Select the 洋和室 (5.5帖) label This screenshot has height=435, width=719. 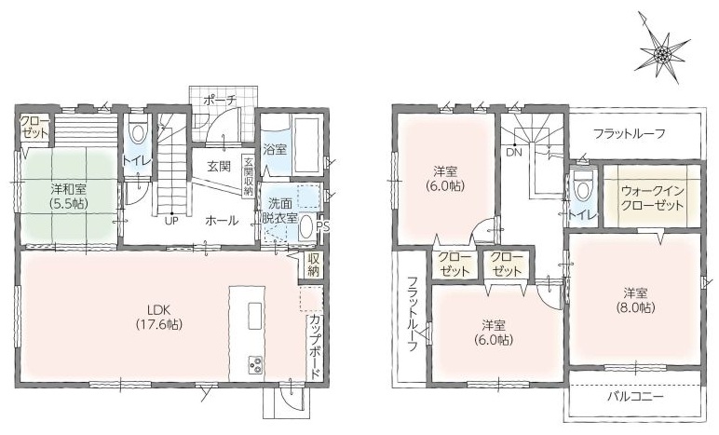pos(69,196)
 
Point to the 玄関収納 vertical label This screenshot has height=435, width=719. pos(248,177)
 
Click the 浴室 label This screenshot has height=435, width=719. pos(275,149)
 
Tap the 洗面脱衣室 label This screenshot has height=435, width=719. pos(279,210)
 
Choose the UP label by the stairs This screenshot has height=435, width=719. pos(171,220)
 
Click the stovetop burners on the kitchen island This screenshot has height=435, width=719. pos(256,365)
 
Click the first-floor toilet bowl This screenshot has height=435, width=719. pos(137,132)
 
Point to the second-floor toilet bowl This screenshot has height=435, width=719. pos(583,189)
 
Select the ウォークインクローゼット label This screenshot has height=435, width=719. pos(653,198)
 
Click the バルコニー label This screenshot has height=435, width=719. pos(635,397)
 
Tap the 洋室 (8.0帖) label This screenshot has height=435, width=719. pos(635,300)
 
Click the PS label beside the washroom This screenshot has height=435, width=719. pos(323,226)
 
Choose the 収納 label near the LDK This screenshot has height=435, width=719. pos(313,265)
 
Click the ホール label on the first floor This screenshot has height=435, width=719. pos(222,221)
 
